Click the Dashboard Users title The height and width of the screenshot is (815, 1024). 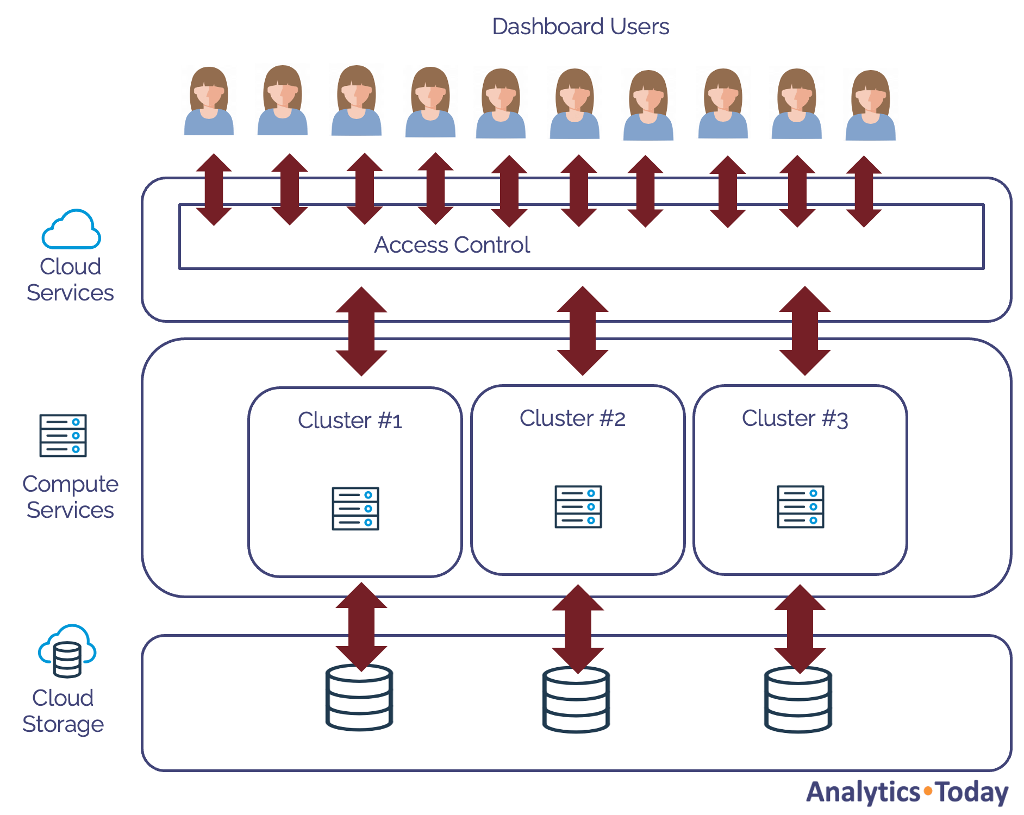(580, 27)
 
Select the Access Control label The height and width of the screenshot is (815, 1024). (452, 245)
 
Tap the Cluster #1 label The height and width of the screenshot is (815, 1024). (350, 421)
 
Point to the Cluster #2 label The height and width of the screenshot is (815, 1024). (572, 418)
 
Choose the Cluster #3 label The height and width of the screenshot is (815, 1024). (795, 418)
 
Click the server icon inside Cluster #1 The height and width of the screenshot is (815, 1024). (355, 509)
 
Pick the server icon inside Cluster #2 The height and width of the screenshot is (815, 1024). (578, 506)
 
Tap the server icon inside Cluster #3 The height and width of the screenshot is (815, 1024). (801, 506)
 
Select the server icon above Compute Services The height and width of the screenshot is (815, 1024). (63, 435)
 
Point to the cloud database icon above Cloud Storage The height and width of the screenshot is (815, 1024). (67, 651)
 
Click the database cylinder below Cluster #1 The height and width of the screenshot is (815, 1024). (359, 698)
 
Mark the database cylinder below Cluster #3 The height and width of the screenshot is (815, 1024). (798, 700)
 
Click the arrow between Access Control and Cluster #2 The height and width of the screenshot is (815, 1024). (583, 331)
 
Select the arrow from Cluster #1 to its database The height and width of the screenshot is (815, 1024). (361, 627)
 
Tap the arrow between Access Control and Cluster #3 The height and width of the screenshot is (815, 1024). (805, 331)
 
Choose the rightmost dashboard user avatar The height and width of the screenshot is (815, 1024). (871, 105)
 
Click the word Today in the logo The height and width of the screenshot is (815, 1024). (973, 793)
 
